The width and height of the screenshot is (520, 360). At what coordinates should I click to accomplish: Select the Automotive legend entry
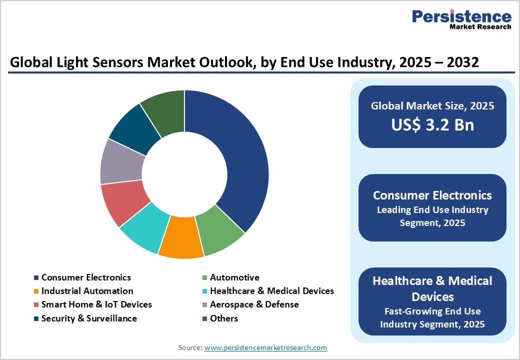point(234,277)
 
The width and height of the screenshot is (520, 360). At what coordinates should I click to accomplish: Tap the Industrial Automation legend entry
point(87,291)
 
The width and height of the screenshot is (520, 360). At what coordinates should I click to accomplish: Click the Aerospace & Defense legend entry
point(254,304)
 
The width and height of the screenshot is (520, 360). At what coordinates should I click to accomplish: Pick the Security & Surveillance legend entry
point(89,318)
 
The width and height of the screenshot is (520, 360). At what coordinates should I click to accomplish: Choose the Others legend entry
point(223,318)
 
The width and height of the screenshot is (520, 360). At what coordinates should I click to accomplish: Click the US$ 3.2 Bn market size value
point(432,124)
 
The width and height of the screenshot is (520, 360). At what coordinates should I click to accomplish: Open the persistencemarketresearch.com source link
point(265,347)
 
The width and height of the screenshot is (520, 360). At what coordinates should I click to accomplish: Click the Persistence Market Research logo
point(461,19)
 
